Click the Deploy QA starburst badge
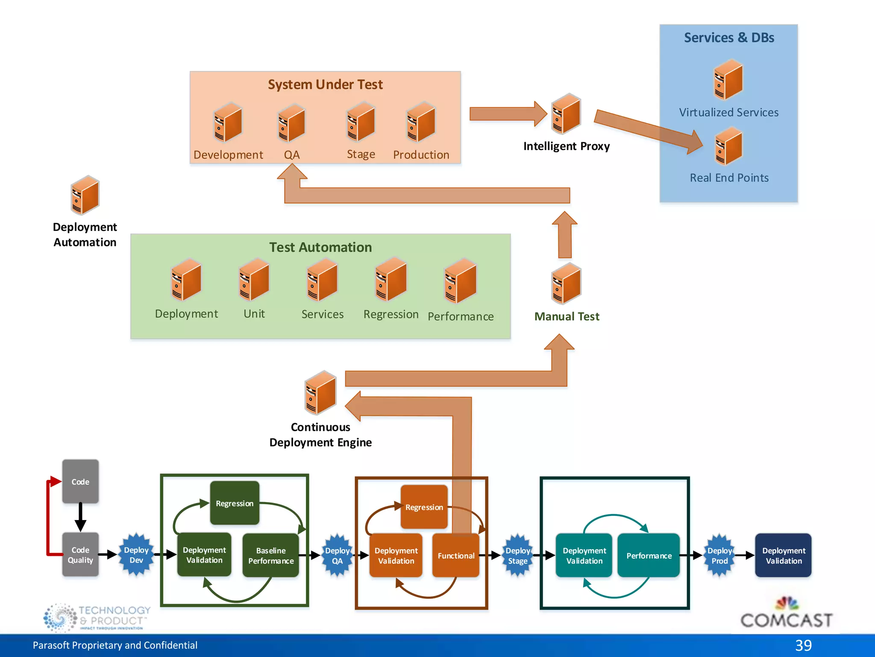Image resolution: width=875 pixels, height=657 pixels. tap(337, 555)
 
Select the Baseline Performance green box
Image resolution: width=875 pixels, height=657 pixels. tap(271, 555)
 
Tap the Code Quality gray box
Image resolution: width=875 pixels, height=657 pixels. tap(80, 555)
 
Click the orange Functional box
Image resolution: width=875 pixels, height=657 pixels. tap(456, 555)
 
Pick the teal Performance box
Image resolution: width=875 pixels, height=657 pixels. tap(649, 555)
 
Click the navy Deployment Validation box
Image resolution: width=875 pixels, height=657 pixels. tap(783, 555)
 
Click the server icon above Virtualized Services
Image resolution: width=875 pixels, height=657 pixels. tap(728, 80)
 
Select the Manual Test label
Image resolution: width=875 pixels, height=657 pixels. tap(567, 317)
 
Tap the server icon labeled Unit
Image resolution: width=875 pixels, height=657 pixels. tap(254, 280)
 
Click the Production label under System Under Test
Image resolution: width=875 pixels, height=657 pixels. tap(421, 155)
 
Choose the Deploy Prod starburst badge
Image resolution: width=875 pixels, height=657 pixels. tap(719, 555)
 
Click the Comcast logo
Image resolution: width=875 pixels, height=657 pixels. tap(786, 614)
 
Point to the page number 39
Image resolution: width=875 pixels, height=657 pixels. tap(803, 645)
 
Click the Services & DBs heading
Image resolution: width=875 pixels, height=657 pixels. tap(729, 38)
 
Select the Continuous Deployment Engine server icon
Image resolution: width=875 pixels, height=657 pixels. tap(320, 393)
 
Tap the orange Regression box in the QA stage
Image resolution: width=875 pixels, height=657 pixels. tap(424, 507)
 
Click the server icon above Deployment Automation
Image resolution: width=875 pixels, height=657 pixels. tap(85, 195)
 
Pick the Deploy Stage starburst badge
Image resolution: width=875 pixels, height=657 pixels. tap(517, 555)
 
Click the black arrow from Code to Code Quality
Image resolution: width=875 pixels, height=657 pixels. tap(80, 517)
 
